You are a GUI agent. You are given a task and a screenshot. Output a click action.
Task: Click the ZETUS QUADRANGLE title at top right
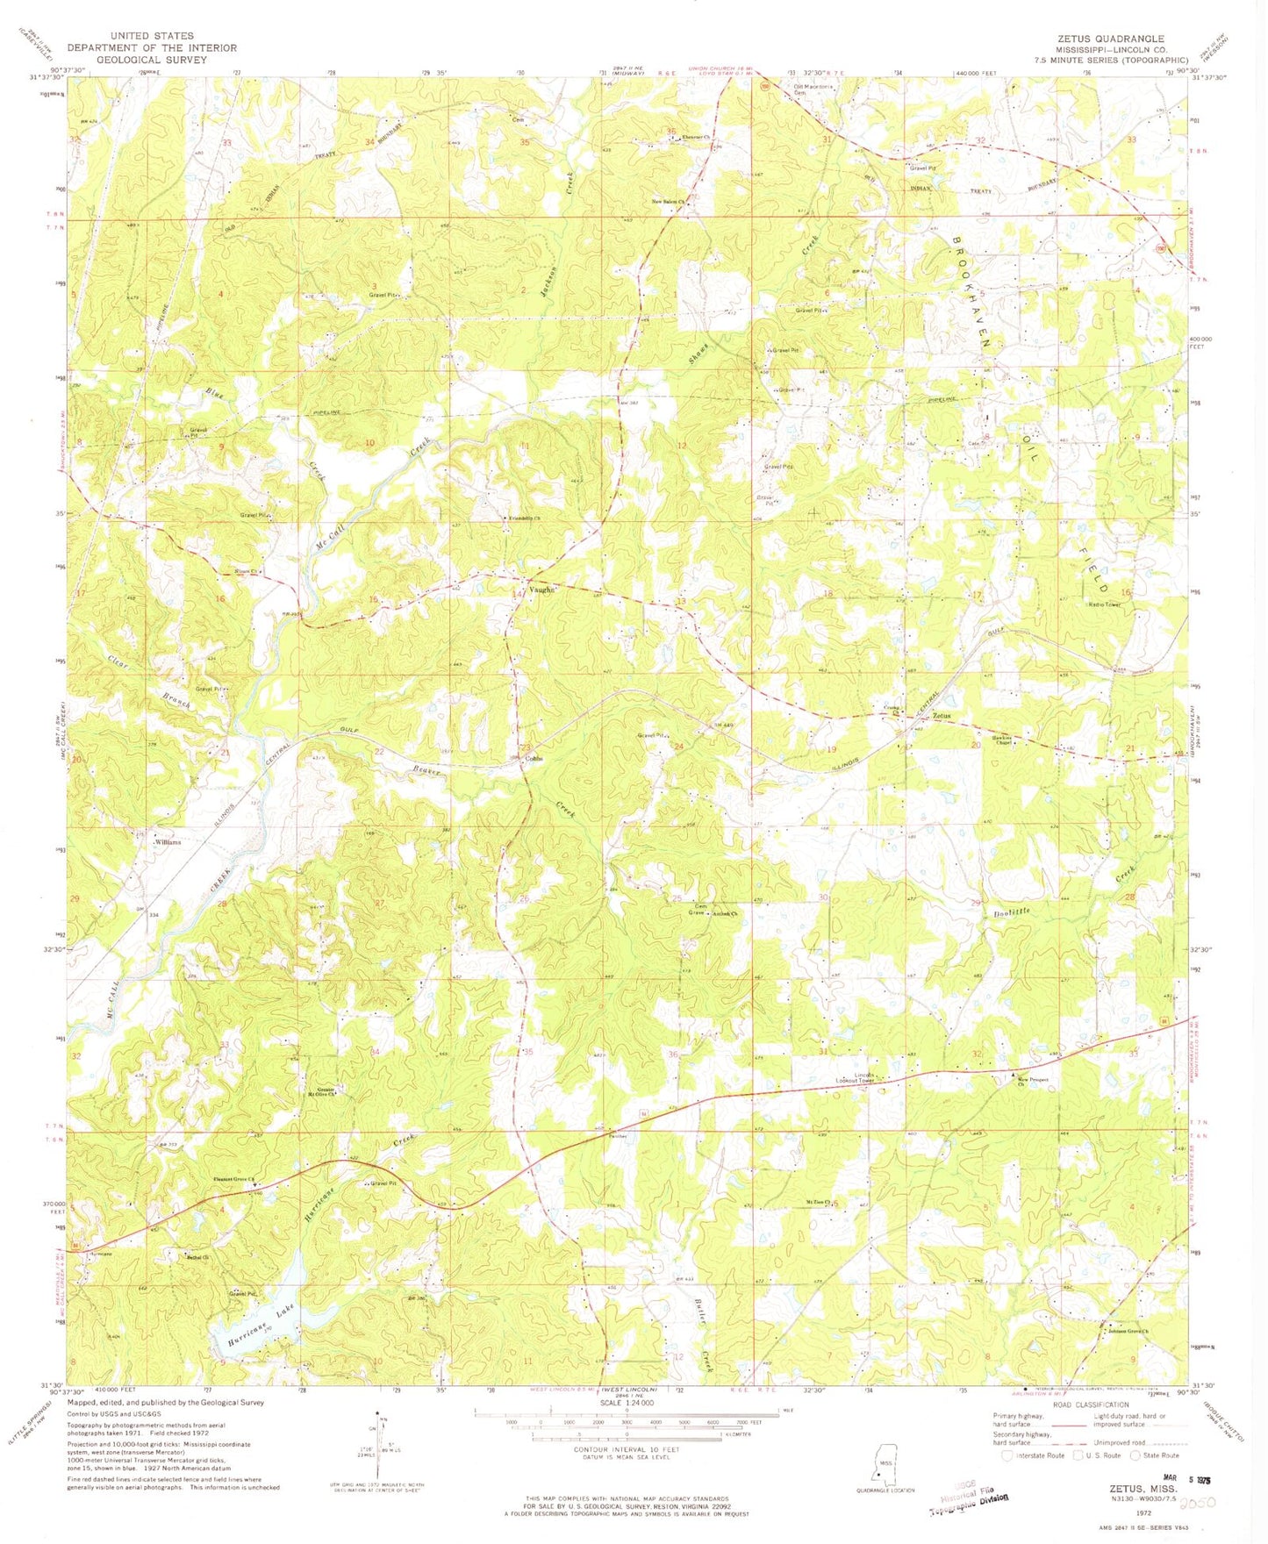(1109, 39)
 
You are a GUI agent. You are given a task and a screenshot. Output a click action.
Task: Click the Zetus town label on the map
(941, 716)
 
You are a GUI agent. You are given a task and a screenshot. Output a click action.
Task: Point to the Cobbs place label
(534, 759)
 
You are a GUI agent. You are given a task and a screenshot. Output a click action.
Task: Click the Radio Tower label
(1104, 604)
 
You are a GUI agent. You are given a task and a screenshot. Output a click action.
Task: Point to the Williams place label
(168, 842)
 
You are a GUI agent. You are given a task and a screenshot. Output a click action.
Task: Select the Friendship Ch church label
(525, 518)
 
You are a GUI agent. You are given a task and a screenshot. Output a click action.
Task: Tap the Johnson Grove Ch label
(1128, 1332)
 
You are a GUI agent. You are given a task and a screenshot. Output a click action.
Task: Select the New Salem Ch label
(667, 201)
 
